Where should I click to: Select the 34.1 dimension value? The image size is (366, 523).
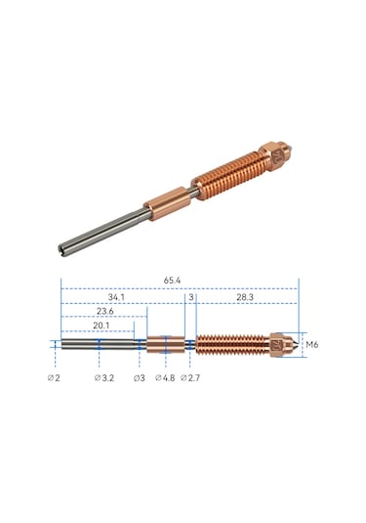coord(115,295)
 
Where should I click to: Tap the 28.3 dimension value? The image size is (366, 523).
coord(245,295)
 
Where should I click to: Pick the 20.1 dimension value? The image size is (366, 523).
coord(102,326)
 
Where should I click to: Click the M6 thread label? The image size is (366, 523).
coord(312,345)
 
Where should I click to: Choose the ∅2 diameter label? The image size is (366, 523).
coord(54,376)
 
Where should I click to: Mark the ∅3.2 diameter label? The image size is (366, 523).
coord(105,376)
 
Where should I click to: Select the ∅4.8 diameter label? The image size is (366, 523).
coord(165,376)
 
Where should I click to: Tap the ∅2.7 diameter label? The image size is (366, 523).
coord(191,376)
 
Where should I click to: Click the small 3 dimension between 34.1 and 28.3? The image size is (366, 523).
coord(191,295)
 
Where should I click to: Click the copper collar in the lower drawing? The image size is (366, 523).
coord(165,344)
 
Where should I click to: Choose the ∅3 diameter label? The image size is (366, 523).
coord(139,376)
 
